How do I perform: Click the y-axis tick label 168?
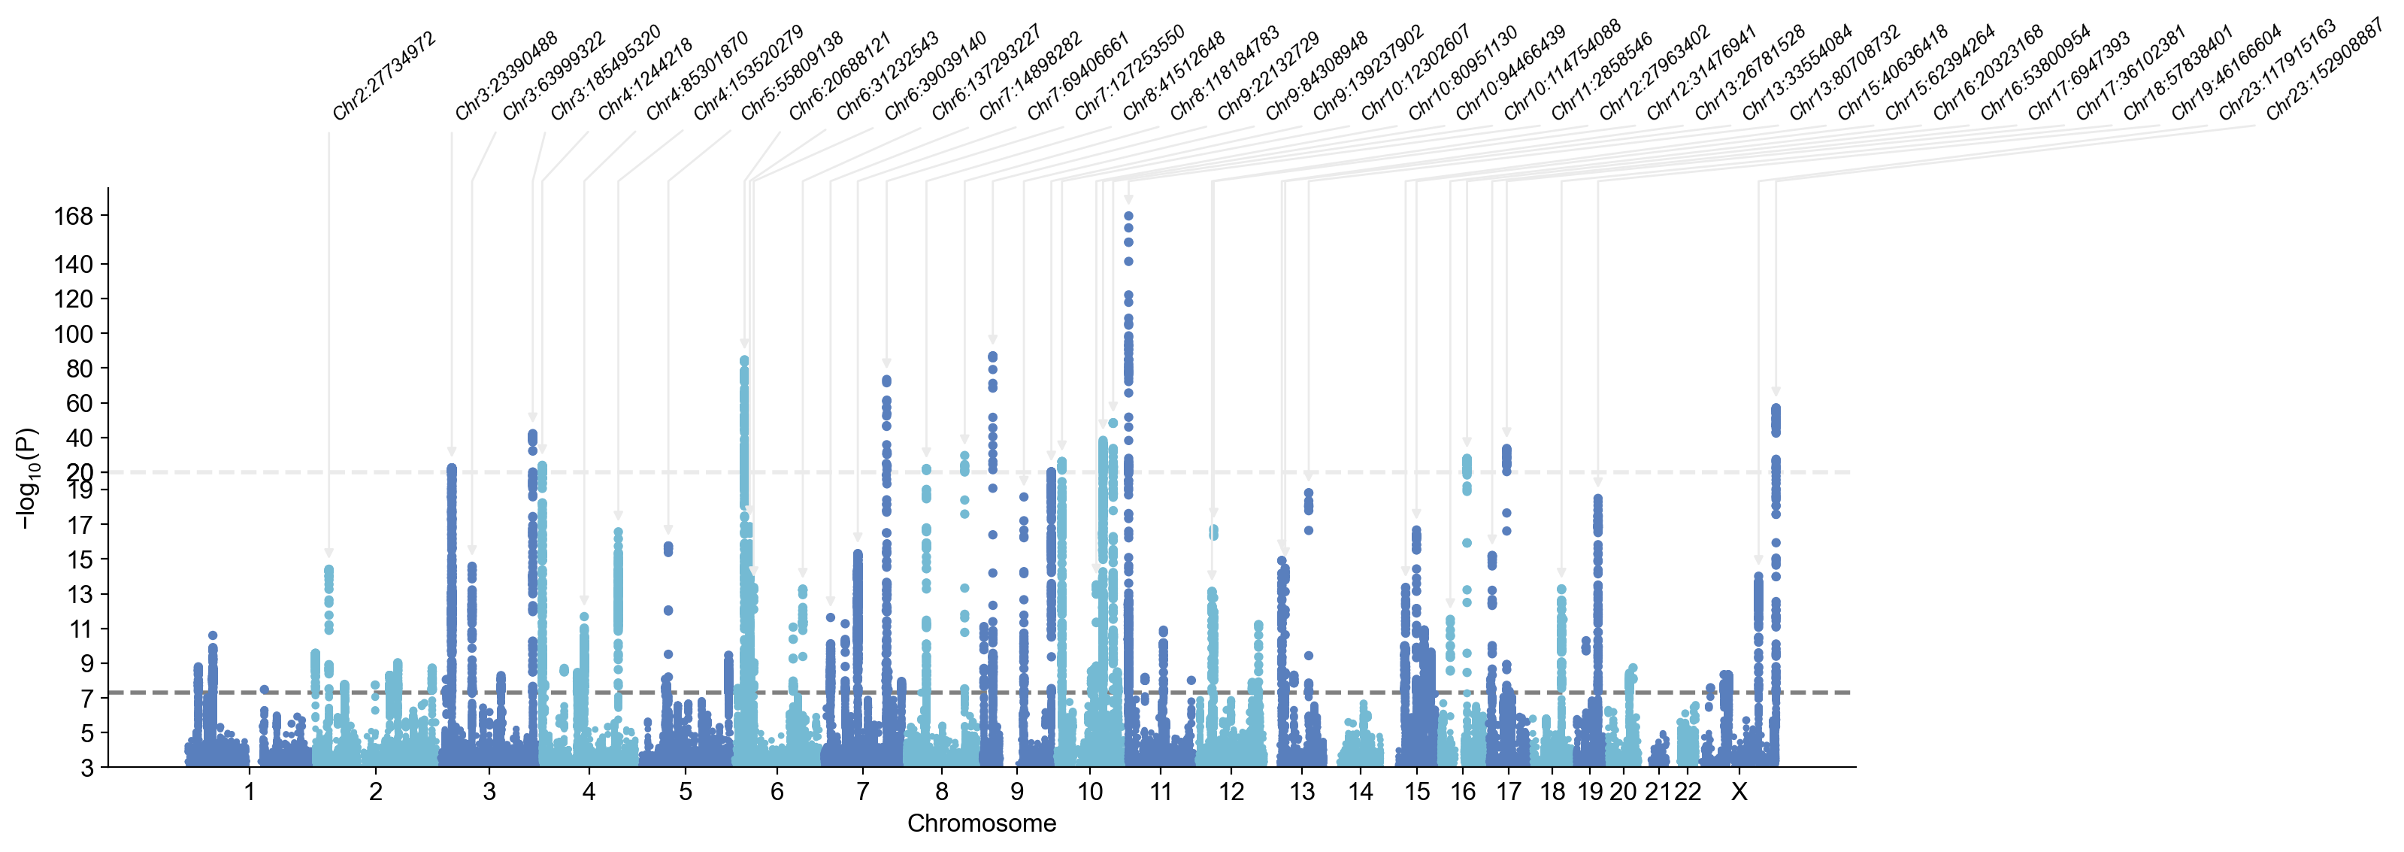pos(74,217)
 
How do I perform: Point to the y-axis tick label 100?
pos(74,334)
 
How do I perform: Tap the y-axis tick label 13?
pos(80,593)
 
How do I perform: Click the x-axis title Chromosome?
pos(982,823)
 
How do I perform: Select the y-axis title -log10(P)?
pos(28,478)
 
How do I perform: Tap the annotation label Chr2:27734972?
pos(383,77)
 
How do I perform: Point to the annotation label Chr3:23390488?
pos(506,77)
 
